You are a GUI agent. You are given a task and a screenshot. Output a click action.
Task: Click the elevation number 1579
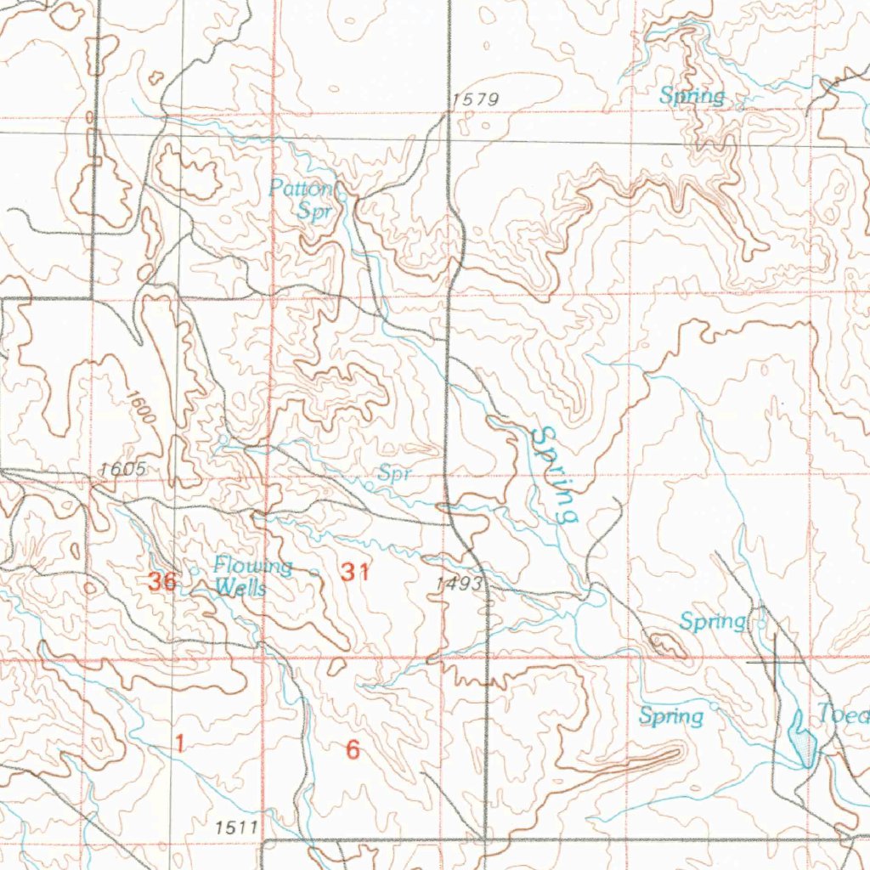475,100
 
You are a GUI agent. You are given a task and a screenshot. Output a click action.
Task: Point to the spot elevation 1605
123,469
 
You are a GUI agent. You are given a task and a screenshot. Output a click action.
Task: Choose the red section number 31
355,573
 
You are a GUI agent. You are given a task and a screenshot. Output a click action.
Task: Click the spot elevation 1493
459,585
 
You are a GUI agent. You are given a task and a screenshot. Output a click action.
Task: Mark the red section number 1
179,743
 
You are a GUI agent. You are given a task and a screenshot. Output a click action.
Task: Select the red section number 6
353,750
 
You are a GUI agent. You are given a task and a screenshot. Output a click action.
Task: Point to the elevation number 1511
235,826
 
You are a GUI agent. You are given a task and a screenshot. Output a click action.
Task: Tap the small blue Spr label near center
395,473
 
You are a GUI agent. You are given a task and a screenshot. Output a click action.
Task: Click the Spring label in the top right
692,96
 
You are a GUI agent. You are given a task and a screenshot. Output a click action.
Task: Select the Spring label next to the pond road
712,622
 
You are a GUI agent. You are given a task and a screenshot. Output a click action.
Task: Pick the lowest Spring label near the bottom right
671,716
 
